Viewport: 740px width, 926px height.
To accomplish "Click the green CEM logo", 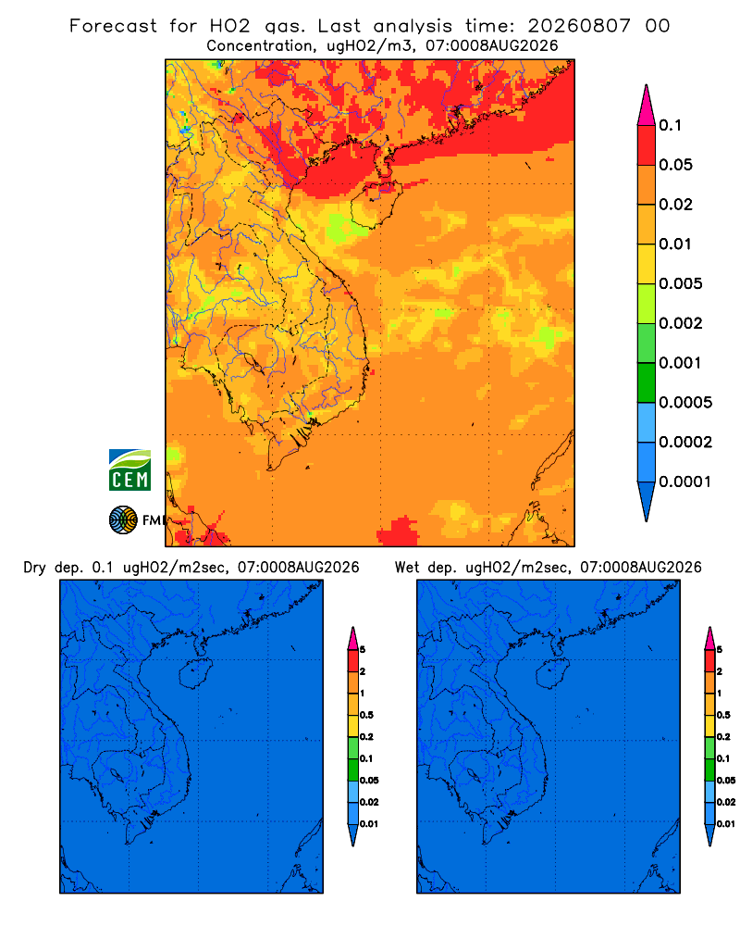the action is pyautogui.click(x=129, y=469).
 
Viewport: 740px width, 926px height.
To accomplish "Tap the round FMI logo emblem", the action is pyautogui.click(x=123, y=520).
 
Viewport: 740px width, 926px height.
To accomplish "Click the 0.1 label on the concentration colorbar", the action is pyautogui.click(x=670, y=125).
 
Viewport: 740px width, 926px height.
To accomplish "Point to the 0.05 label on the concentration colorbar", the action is pyautogui.click(x=675, y=165).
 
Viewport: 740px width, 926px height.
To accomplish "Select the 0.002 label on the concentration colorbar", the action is pyautogui.click(x=681, y=323).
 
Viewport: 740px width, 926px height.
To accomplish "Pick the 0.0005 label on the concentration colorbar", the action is pyautogui.click(x=685, y=402).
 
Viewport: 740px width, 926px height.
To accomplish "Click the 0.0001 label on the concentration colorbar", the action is pyautogui.click(x=685, y=482).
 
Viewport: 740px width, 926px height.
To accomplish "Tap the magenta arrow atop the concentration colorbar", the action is pyautogui.click(x=647, y=106).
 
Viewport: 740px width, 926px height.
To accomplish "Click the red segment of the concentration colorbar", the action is pyautogui.click(x=647, y=144).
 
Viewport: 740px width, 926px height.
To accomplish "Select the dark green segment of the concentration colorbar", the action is pyautogui.click(x=647, y=382).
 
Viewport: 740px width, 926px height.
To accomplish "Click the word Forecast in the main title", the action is pyautogui.click(x=113, y=26).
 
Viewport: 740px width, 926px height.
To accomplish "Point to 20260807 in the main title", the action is pyautogui.click(x=579, y=26).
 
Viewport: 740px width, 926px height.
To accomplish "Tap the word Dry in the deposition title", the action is pyautogui.click(x=34, y=568).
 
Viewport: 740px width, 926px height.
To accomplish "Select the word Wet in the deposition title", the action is pyautogui.click(x=407, y=568).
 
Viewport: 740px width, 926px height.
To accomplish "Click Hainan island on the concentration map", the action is pyautogui.click(x=376, y=205).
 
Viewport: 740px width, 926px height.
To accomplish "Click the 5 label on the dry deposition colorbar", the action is pyautogui.click(x=363, y=650).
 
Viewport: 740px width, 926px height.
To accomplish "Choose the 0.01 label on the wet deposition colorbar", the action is pyautogui.click(x=726, y=824).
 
